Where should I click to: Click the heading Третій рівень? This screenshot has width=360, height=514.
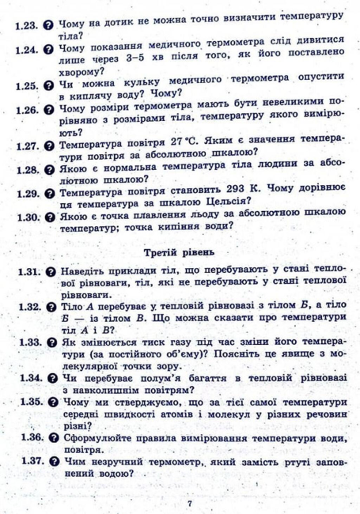pyautogui.click(x=181, y=252)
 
